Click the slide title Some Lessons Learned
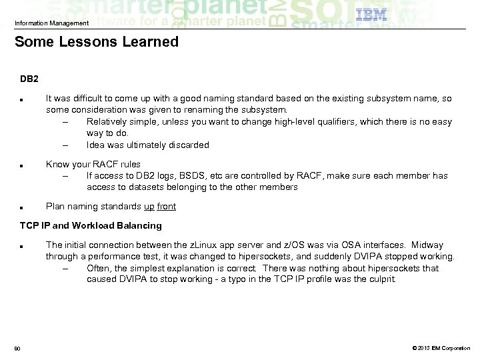tap(97, 42)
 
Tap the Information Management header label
tap(51, 23)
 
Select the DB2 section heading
tap(29, 79)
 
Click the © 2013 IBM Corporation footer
tap(441, 347)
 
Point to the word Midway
tap(429, 245)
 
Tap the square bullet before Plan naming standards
tap(23, 207)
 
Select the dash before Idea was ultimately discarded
tap(66, 145)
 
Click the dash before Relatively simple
tap(66, 122)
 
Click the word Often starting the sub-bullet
tap(99, 268)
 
